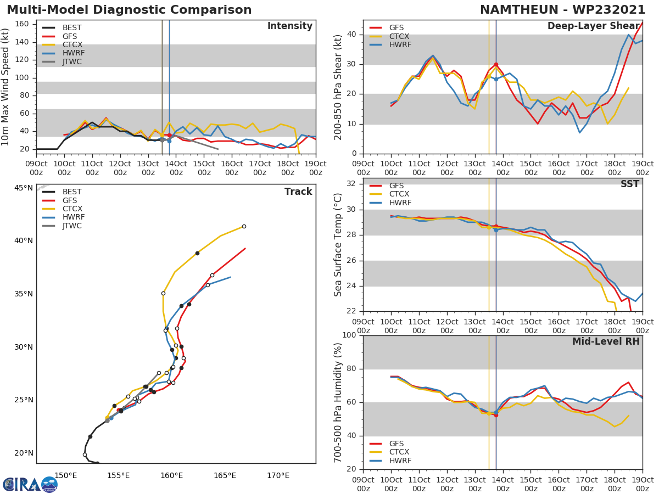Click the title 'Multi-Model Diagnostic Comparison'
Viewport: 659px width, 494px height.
(x=129, y=10)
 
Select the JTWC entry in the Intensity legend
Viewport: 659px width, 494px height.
(x=71, y=61)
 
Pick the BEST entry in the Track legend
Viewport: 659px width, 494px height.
(x=71, y=192)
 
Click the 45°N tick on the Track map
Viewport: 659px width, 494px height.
(x=24, y=188)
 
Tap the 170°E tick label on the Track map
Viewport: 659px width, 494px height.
(x=278, y=475)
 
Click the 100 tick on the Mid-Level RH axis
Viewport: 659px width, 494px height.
(x=348, y=335)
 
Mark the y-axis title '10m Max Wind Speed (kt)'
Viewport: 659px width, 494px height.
(x=6, y=87)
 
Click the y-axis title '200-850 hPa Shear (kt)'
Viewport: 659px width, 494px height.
(x=339, y=87)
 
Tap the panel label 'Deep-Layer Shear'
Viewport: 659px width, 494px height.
(x=593, y=26)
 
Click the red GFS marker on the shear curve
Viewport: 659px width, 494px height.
(x=496, y=65)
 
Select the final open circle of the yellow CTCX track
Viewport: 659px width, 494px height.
(x=244, y=226)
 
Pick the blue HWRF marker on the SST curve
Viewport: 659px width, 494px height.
(x=496, y=230)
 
